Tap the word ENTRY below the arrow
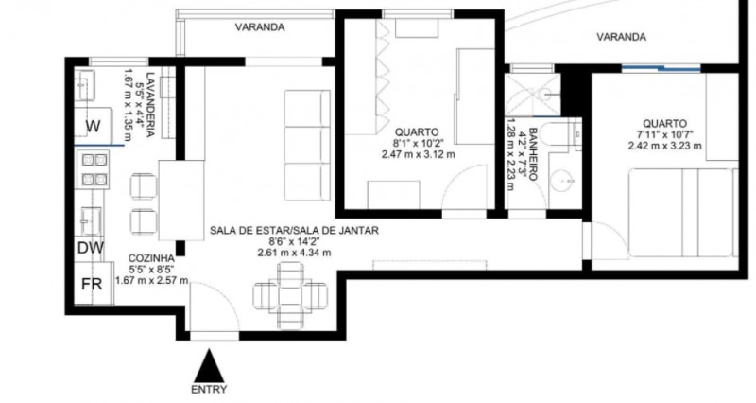click(x=208, y=389)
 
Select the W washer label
click(x=94, y=126)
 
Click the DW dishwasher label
click(x=90, y=248)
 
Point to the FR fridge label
click(x=91, y=285)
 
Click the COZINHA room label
click(x=150, y=257)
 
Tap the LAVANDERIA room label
click(x=150, y=103)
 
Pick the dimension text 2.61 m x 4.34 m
click(x=295, y=253)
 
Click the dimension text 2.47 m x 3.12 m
click(x=418, y=154)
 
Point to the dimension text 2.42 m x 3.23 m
click(x=664, y=146)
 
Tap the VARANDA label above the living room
click(x=259, y=27)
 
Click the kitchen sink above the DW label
click(x=92, y=219)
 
